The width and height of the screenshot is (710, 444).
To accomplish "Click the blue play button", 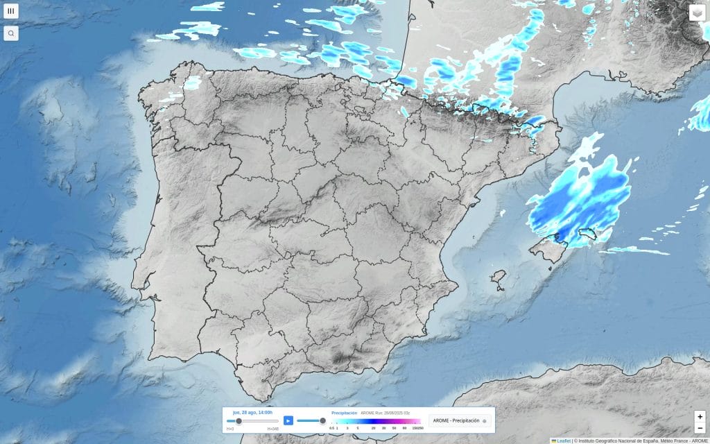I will click(x=288, y=420).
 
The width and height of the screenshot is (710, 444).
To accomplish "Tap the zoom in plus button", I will click(x=700, y=417).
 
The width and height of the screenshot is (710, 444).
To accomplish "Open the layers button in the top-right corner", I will click(x=697, y=13).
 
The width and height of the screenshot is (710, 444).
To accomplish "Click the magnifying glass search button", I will click(x=11, y=33).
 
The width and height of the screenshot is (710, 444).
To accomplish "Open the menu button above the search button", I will click(x=11, y=11).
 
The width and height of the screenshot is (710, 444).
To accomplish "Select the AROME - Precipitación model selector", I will click(x=460, y=420).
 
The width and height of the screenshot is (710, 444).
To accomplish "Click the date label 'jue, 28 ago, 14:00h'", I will click(x=252, y=412).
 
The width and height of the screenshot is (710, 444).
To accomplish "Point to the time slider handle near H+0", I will click(x=239, y=420).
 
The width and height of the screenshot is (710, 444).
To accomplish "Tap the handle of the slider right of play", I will click(x=322, y=420).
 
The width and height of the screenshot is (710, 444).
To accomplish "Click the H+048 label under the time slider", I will click(x=273, y=429).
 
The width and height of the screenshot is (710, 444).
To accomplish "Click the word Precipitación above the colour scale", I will click(x=345, y=413).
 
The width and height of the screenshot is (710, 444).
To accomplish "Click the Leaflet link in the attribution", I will click(x=563, y=441).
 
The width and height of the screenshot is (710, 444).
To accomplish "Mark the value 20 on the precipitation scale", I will click(x=374, y=429).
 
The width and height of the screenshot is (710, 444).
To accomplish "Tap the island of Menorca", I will click(x=591, y=234).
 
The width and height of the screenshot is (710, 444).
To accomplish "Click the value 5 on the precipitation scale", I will click(x=357, y=429).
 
